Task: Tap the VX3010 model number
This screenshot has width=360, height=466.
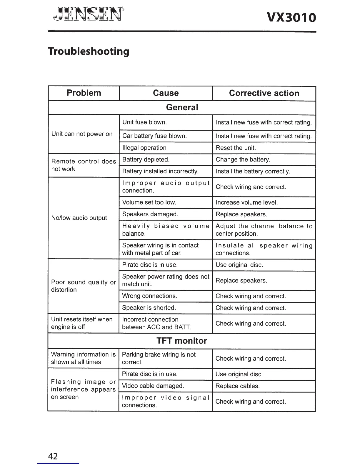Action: pyautogui.click(x=291, y=18)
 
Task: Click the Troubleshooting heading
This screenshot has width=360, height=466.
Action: pyautogui.click(x=89, y=51)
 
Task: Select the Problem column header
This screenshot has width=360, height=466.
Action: pyautogui.click(x=84, y=93)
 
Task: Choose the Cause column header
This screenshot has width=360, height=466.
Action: pyautogui.click(x=166, y=93)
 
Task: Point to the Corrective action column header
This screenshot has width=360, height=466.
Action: pyautogui.click(x=264, y=93)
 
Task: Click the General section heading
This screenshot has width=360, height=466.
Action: pyautogui.click(x=182, y=107)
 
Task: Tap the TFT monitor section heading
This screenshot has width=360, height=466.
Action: pyautogui.click(x=182, y=341)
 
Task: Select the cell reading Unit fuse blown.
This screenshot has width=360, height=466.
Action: pyautogui.click(x=144, y=122)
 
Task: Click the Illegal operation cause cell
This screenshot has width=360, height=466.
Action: pyautogui.click(x=144, y=148)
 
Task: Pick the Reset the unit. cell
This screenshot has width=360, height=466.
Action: pyautogui.click(x=236, y=148)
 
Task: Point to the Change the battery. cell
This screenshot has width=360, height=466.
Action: pyautogui.click(x=243, y=159)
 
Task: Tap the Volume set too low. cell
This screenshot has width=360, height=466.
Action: pyautogui.click(x=149, y=202)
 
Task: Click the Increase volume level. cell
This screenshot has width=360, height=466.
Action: pyautogui.click(x=246, y=202)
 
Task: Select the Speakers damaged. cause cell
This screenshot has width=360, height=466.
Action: pyautogui.click(x=150, y=214)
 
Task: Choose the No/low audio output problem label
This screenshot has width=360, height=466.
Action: pyautogui.click(x=79, y=218)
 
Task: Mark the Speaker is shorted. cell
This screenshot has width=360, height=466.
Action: pyautogui.click(x=149, y=308)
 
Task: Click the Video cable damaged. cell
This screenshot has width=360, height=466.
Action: pyautogui.click(x=153, y=386)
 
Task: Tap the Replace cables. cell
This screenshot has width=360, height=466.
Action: pyautogui.click(x=237, y=386)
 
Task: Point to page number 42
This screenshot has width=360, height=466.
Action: pyautogui.click(x=53, y=456)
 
